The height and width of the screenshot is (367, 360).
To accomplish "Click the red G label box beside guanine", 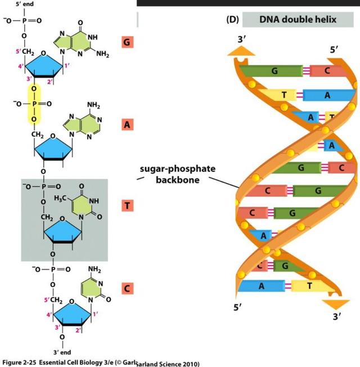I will pos(127,42).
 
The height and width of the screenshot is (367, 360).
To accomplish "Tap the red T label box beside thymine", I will pos(127,206).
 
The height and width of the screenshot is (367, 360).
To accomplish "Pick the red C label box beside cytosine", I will pos(127,289).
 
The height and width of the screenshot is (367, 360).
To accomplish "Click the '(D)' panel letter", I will pos(232,20).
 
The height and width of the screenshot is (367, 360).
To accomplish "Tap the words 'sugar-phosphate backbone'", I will pos(177,174).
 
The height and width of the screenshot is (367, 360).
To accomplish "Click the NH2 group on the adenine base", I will pos(93,106).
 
